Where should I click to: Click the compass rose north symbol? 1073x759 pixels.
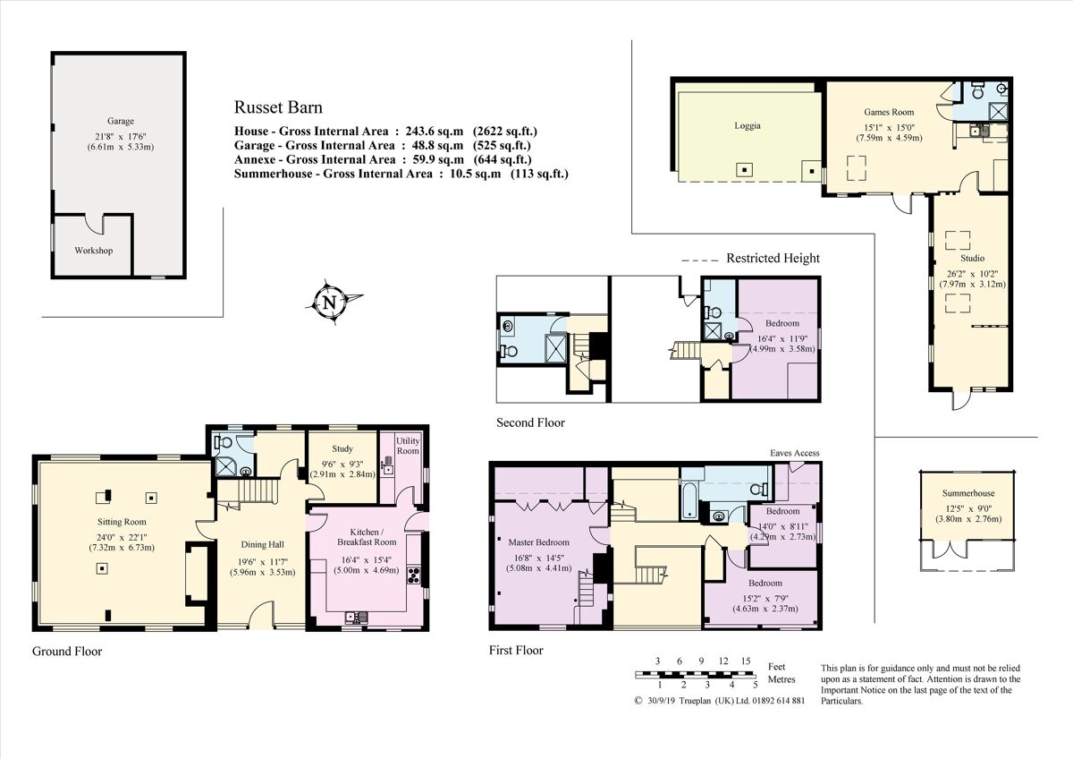tap(332, 302)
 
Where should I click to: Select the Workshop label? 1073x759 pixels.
tap(94, 251)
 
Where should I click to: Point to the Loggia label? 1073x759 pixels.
tap(747, 126)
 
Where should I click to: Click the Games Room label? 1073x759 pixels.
tap(889, 113)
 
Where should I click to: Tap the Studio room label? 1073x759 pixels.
tap(971, 259)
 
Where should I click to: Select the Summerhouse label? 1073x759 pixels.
tap(967, 493)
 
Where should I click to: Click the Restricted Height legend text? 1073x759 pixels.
tap(773, 259)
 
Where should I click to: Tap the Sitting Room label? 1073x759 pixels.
tap(122, 521)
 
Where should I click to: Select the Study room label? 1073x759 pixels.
tap(342, 449)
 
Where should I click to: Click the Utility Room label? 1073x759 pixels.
tap(408, 446)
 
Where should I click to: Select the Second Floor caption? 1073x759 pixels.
tap(530, 422)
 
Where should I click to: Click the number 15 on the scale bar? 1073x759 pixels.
tap(745, 661)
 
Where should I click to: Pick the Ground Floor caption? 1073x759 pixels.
tap(67, 652)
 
